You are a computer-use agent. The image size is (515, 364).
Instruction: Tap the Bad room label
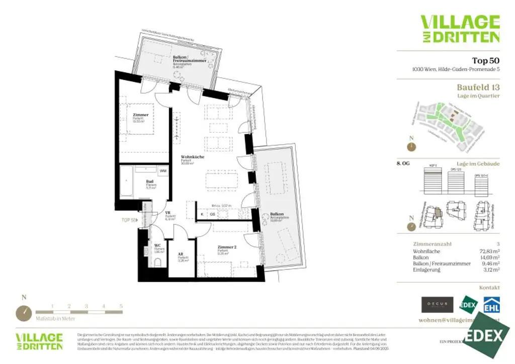[149, 182]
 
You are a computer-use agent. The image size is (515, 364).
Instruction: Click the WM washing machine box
[162, 171]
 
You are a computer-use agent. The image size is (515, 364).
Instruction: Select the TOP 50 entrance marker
[129, 220]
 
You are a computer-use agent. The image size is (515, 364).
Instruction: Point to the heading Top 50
[485, 61]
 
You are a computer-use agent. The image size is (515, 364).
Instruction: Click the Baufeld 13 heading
[478, 87]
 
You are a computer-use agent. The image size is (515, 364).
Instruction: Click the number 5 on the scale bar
[121, 306]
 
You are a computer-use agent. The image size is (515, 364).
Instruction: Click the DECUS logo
[437, 305]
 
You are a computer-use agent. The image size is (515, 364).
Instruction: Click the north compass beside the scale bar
[24, 313]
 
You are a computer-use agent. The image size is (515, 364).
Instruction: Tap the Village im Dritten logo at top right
[460, 29]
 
